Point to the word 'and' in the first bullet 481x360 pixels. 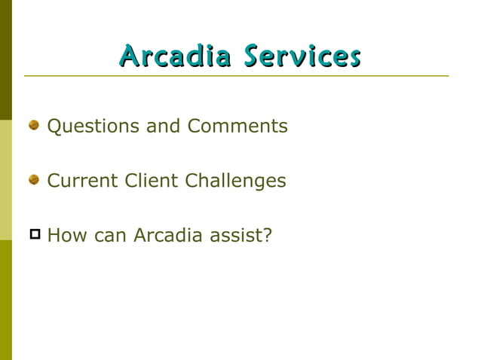coord(164,126)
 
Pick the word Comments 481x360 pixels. coord(237,126)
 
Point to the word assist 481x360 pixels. coord(234,236)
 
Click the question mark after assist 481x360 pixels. coord(267,236)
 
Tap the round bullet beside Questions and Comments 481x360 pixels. coord(34,125)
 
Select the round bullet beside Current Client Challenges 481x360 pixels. coord(34,180)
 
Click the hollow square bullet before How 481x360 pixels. coord(34,234)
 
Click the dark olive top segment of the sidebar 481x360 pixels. coord(5,60)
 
